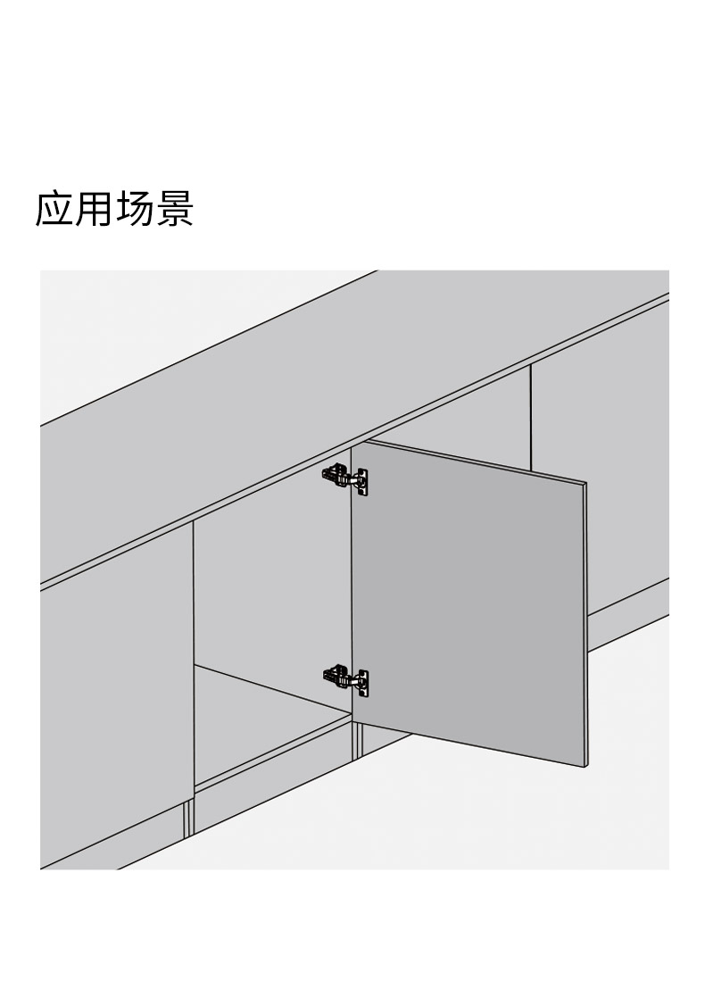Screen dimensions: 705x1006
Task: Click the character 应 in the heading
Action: (54, 208)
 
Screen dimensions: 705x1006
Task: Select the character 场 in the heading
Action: (135, 208)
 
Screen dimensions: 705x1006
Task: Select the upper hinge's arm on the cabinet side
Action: (337, 477)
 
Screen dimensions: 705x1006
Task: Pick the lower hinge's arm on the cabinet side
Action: (337, 677)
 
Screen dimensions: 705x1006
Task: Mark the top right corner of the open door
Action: (585, 481)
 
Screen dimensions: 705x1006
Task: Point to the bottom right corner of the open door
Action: (586, 767)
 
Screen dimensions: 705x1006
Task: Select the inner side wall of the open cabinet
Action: (273, 590)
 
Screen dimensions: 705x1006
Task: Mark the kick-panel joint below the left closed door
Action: (188, 819)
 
